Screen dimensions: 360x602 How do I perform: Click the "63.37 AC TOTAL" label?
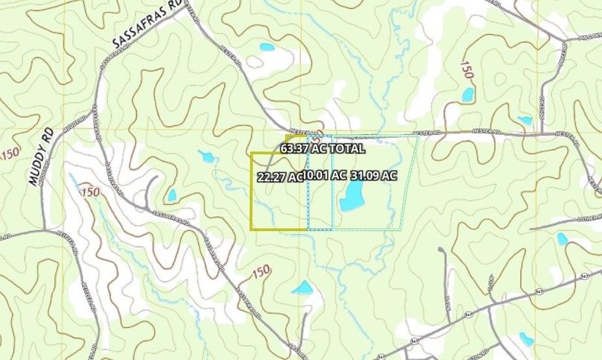pos(323,148)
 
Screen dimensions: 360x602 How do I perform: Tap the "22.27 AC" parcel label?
pos(279,177)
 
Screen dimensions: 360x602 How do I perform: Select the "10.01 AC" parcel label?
pos(326,176)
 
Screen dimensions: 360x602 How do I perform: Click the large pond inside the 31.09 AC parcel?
pos(352,196)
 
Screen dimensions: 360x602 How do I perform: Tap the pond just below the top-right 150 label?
pos(468,95)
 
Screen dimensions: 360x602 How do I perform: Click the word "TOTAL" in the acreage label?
pos(348,148)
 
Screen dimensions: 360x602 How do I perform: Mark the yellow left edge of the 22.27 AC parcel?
pos(251,191)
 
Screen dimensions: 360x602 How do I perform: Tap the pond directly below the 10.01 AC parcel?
pos(302,288)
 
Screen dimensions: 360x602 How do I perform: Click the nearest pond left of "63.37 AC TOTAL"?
pos(206,157)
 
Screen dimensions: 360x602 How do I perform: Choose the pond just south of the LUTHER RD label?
pos(562,239)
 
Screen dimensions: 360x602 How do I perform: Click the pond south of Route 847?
pos(526,338)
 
